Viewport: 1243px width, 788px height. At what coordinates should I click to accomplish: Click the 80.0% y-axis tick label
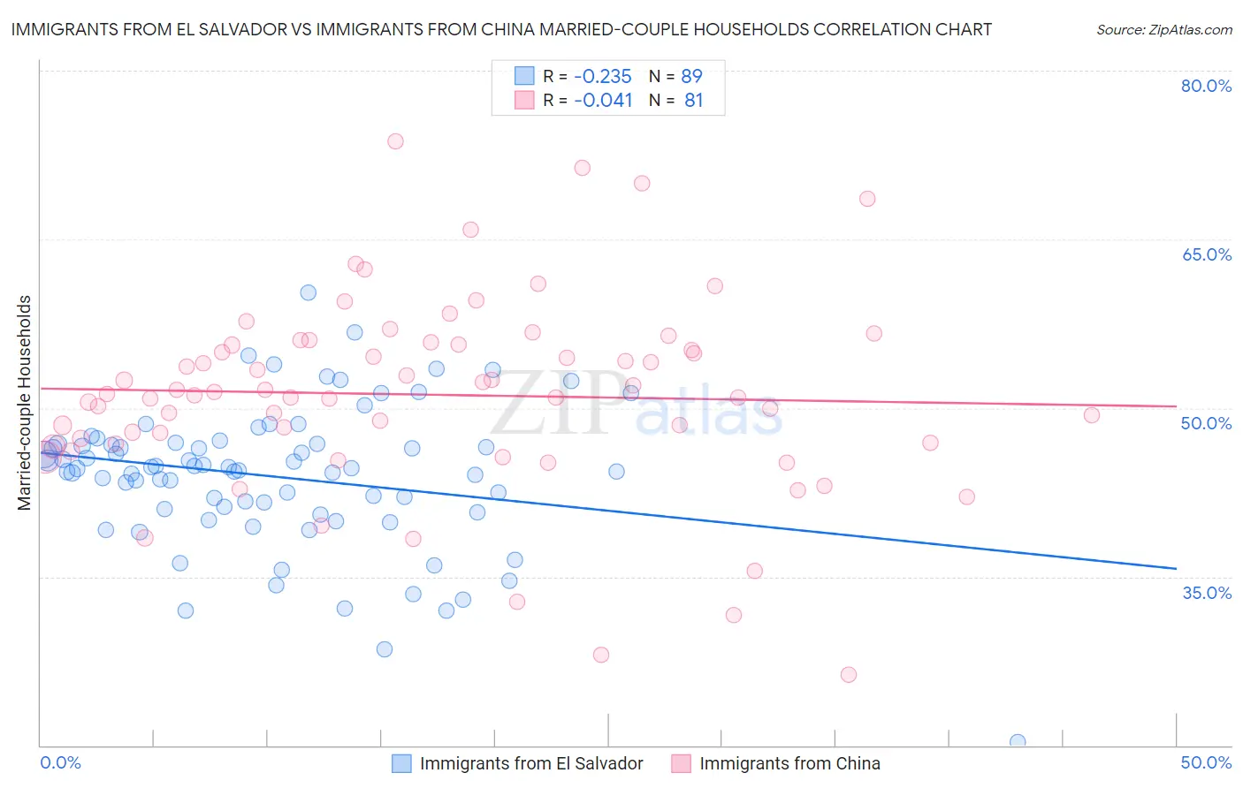[x=1206, y=86]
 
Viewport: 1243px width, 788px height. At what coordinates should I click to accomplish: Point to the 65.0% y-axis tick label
[x=1206, y=254]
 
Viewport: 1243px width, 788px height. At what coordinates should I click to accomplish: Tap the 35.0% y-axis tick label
[x=1206, y=592]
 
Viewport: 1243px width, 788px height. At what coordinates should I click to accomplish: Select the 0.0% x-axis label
[x=60, y=762]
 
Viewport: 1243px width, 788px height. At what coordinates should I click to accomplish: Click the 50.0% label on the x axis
[x=1206, y=762]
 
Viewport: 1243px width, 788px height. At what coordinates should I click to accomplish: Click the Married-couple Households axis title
[x=25, y=402]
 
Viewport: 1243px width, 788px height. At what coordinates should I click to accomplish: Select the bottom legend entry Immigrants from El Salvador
[x=530, y=763]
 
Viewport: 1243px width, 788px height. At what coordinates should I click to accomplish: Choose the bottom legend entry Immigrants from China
[x=789, y=763]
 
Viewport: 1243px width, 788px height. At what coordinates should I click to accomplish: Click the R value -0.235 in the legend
[x=602, y=76]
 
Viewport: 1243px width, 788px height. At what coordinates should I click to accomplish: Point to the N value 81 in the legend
[x=693, y=101]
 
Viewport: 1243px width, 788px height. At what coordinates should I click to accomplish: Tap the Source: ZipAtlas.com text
[x=1163, y=29]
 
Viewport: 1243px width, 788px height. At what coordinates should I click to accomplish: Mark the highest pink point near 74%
[x=395, y=141]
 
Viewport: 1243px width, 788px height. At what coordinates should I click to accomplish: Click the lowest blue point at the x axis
[x=1018, y=742]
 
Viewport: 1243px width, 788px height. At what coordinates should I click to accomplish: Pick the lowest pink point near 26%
[x=849, y=675]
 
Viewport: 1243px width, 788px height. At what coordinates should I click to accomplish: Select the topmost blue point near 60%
[x=308, y=292]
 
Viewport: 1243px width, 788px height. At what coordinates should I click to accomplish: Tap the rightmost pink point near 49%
[x=1092, y=415]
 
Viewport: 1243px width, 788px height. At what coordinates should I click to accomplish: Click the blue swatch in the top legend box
[x=524, y=76]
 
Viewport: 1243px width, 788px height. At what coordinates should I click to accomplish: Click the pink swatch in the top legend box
[x=524, y=101]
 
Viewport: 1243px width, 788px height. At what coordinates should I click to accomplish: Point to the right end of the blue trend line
[x=1176, y=568]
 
